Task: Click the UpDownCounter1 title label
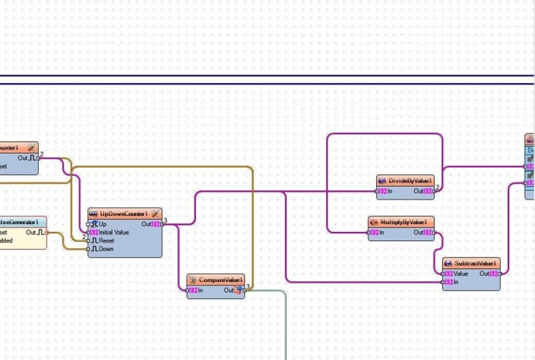(x=124, y=213)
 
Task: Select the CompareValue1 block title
(x=220, y=279)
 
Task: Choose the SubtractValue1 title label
(x=475, y=263)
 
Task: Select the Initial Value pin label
(x=114, y=233)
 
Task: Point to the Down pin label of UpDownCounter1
(x=106, y=249)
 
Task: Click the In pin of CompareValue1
(x=188, y=290)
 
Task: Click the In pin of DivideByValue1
(x=378, y=191)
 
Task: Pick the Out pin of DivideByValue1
(x=434, y=191)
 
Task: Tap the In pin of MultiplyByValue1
(x=369, y=232)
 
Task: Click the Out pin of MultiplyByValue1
(x=433, y=232)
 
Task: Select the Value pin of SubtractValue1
(x=443, y=273)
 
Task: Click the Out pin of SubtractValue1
(x=499, y=273)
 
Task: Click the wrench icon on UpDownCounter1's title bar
(x=154, y=213)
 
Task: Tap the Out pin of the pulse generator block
(x=45, y=232)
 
